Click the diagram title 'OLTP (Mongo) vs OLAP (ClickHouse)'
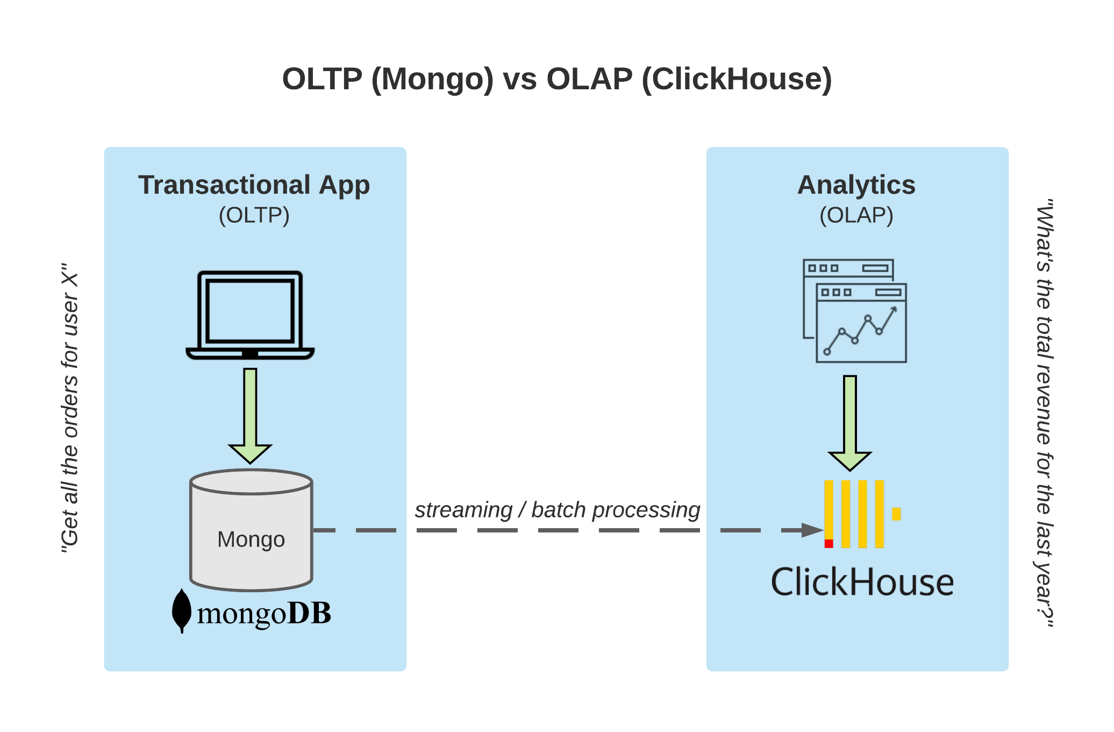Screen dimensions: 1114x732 pyautogui.click(x=557, y=79)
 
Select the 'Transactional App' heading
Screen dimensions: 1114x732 pyautogui.click(x=254, y=185)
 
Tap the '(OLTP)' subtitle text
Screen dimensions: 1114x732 pyautogui.click(x=254, y=215)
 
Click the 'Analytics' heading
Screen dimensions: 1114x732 pyautogui.click(x=856, y=185)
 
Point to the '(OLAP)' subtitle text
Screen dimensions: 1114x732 pyautogui.click(x=856, y=215)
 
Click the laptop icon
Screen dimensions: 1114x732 pyautogui.click(x=250, y=315)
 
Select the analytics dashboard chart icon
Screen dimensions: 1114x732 pyautogui.click(x=855, y=311)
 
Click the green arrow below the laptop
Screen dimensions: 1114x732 pyautogui.click(x=250, y=416)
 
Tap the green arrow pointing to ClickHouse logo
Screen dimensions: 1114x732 pyautogui.click(x=850, y=423)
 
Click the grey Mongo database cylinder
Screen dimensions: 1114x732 pyautogui.click(x=251, y=530)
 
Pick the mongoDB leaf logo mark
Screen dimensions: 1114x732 pyautogui.click(x=182, y=611)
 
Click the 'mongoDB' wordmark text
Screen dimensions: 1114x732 pyautogui.click(x=264, y=614)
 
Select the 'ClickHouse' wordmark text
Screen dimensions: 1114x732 pyautogui.click(x=862, y=582)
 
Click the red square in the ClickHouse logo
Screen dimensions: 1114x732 pyautogui.click(x=829, y=544)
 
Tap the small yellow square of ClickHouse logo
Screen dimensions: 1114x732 pyautogui.click(x=896, y=514)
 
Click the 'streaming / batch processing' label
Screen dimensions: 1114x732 pyautogui.click(x=558, y=510)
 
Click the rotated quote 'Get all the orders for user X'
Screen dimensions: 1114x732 pyautogui.click(x=70, y=408)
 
